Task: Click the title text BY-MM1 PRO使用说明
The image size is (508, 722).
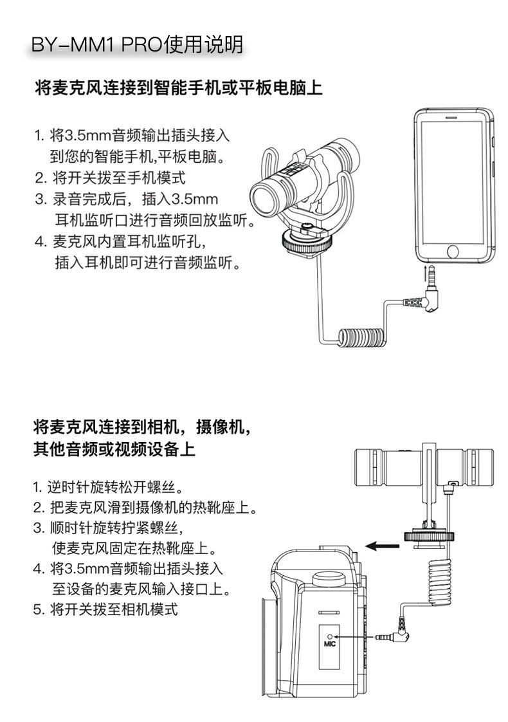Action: (137, 45)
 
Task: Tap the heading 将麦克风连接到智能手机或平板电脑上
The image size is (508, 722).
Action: (178, 88)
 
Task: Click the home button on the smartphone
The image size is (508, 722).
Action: (455, 251)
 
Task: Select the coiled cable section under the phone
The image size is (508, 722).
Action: (364, 337)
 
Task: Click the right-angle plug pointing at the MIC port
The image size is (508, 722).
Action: (397, 635)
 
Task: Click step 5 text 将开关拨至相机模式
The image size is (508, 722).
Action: (105, 609)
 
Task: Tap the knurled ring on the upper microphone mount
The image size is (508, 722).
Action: (303, 243)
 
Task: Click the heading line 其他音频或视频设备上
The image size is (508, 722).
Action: (114, 449)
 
